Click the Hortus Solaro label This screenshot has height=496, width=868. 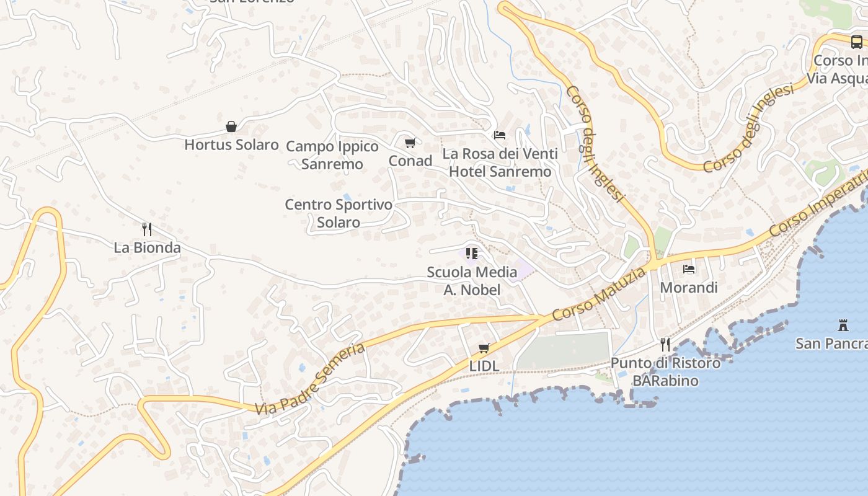click(231, 145)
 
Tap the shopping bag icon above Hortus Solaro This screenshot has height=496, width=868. click(231, 127)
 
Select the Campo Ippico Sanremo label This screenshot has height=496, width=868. click(332, 155)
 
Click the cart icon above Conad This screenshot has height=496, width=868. click(410, 143)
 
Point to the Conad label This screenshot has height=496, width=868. click(410, 161)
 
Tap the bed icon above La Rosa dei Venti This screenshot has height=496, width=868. click(500, 135)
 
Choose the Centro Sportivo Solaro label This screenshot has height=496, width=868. click(339, 213)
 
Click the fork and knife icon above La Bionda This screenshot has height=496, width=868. click(147, 229)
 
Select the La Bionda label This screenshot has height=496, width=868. click(147, 248)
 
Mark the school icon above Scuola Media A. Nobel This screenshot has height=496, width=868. click(472, 254)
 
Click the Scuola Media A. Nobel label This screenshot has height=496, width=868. click(472, 280)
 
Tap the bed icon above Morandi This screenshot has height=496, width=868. click(688, 269)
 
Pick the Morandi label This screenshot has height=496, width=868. click(688, 288)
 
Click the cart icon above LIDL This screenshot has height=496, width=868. click(484, 348)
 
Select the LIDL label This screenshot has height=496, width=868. click(484, 366)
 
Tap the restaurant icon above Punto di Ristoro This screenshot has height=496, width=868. click(665, 345)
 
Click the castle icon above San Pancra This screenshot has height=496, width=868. click(843, 325)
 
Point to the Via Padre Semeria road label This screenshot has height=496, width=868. click(310, 379)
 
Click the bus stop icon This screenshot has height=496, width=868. click(856, 42)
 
